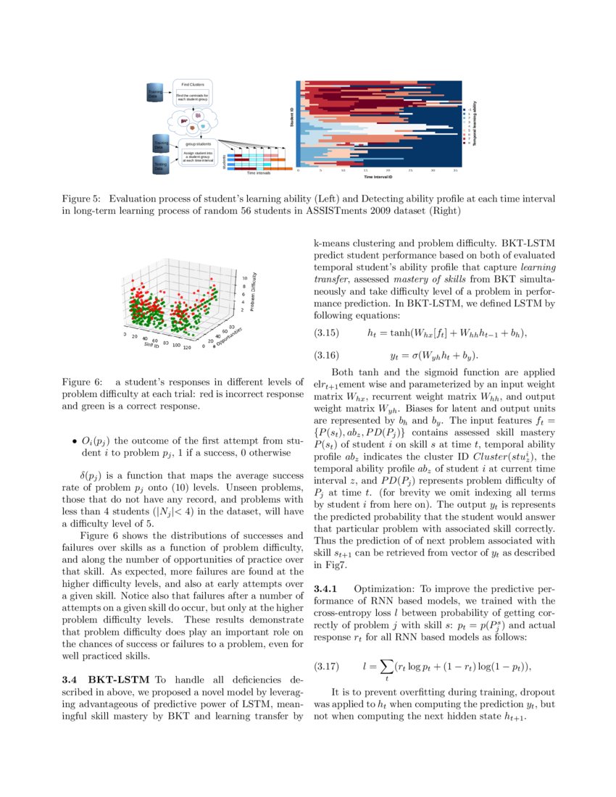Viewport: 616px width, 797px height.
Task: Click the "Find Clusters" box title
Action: click(192, 85)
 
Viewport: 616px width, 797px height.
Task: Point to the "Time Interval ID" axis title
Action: click(378, 177)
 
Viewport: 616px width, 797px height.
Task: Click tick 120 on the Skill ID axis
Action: click(188, 347)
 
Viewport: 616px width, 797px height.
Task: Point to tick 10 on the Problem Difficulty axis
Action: click(245, 278)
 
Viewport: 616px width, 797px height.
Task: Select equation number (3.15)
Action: click(326, 333)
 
